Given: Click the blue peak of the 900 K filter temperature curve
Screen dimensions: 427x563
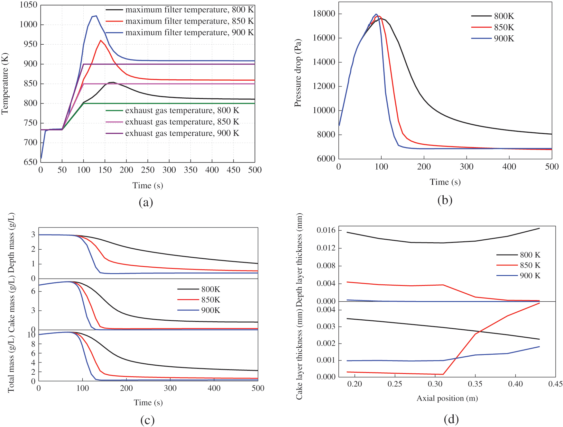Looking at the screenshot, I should pyautogui.click(x=96, y=16).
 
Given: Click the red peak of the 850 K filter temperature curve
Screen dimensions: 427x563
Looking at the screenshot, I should pyautogui.click(x=101, y=40).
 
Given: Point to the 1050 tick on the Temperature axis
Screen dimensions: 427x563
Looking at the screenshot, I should pyautogui.click(x=28, y=5).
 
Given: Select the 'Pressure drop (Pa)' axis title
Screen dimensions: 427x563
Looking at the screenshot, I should pyautogui.click(x=298, y=73).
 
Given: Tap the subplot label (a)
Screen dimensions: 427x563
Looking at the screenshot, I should pyautogui.click(x=146, y=202).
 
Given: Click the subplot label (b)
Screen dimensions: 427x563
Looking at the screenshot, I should pyautogui.click(x=445, y=200).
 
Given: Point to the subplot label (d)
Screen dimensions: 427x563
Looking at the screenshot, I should pyautogui.click(x=451, y=419).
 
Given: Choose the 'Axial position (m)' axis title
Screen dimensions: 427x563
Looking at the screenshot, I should pyautogui.click(x=447, y=398).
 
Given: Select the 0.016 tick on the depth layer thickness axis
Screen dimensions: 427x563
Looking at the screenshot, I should pyautogui.click(x=326, y=230).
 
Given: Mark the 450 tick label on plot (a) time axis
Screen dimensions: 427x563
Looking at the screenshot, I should pyautogui.click(x=233, y=170).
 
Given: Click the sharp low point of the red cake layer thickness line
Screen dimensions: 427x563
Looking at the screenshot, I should pyautogui.click(x=443, y=374).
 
